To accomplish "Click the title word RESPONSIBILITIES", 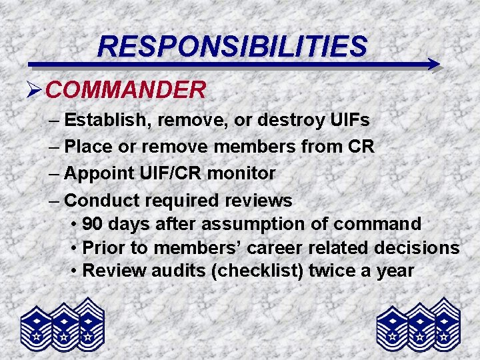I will pos(232,46).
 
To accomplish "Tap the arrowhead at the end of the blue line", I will pos(433,65).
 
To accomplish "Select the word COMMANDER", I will pos(126,90).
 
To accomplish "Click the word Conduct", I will pos(99,200).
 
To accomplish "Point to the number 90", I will pos(93,224).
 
